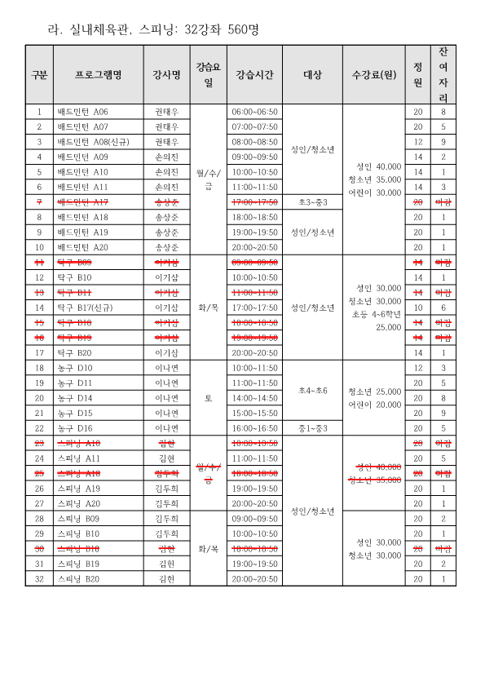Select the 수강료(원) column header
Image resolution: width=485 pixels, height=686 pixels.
(x=373, y=75)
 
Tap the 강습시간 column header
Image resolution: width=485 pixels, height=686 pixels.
(x=254, y=75)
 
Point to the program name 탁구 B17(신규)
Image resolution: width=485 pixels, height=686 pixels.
(x=84, y=308)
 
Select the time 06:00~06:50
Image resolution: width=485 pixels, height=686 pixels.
(x=254, y=112)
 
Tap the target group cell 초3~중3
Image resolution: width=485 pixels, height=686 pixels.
(x=313, y=201)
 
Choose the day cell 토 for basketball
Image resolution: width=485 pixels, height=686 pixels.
(x=208, y=398)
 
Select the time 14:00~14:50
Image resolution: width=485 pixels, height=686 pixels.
(x=254, y=398)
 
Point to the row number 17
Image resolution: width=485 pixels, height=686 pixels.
(x=38, y=352)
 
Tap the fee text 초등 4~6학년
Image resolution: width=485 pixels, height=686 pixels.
(x=374, y=313)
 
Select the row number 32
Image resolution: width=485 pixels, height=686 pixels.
(x=38, y=578)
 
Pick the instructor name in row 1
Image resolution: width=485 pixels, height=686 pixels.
(x=165, y=112)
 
